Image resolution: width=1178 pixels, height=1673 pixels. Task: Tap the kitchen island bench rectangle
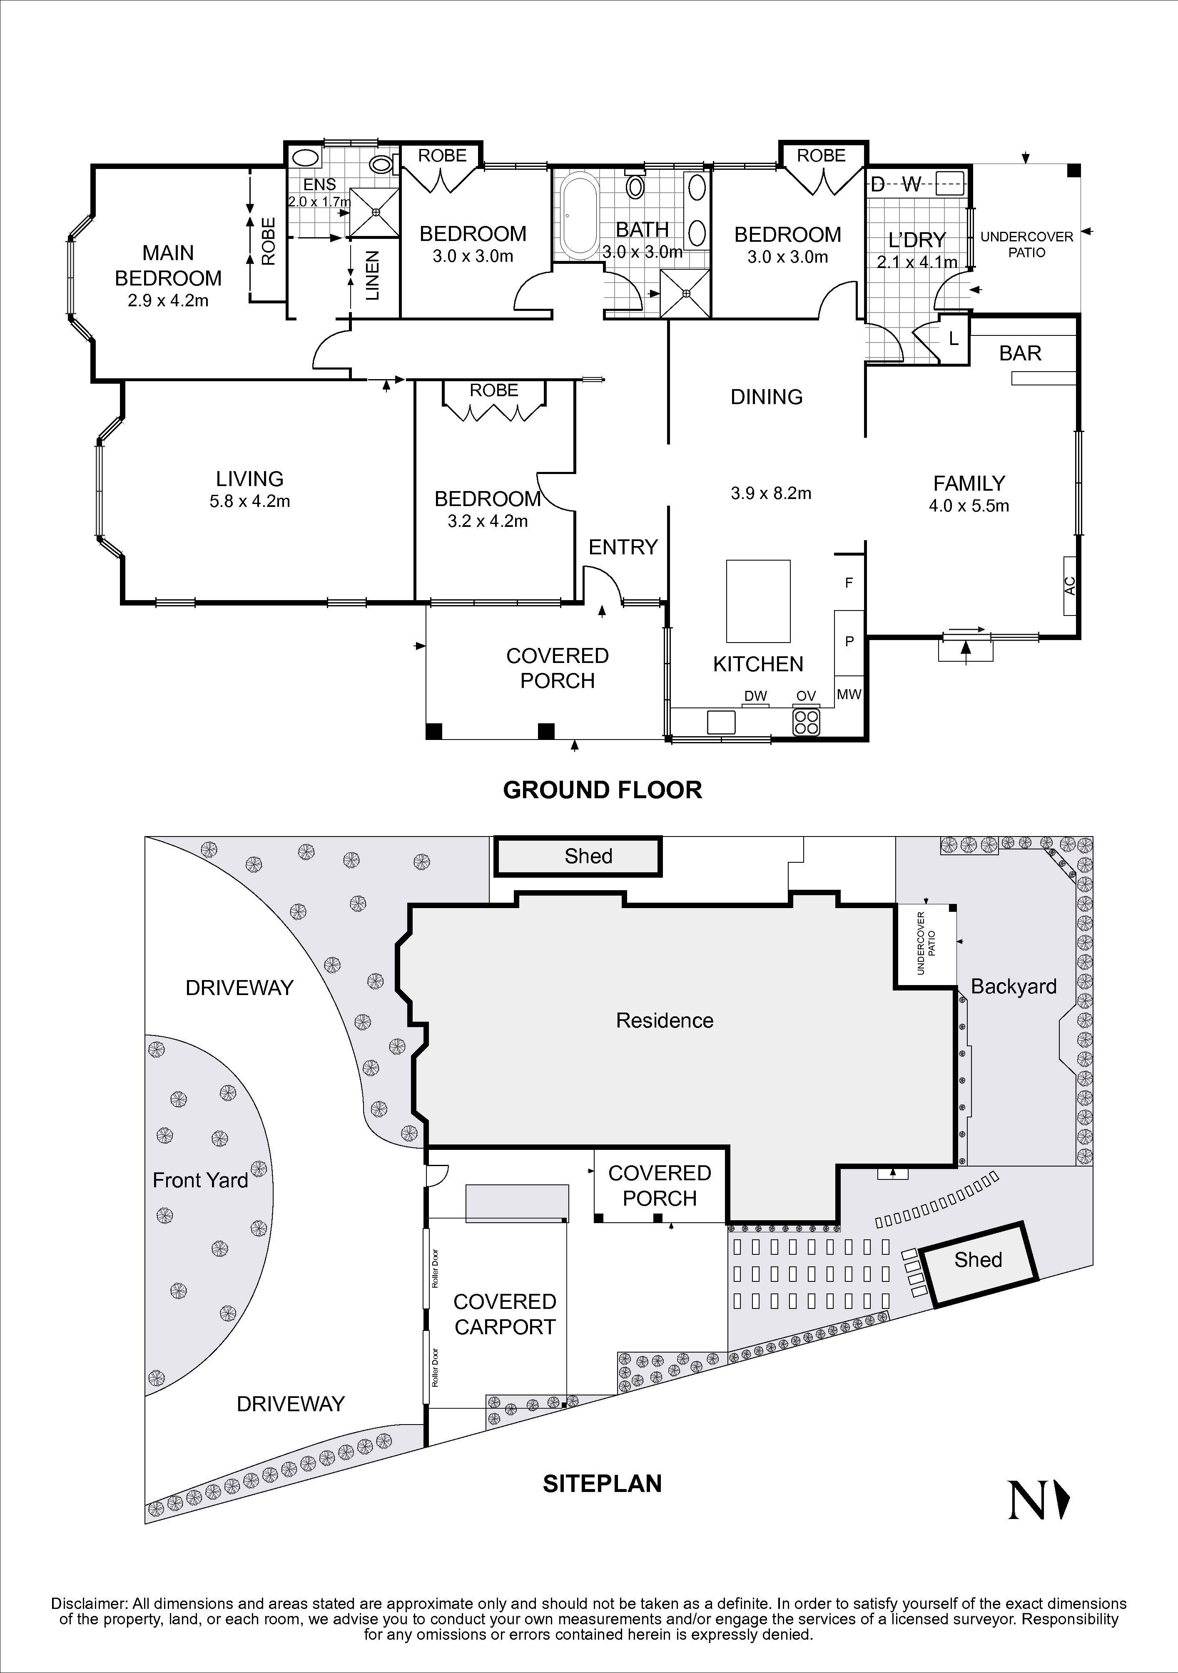[x=758, y=601]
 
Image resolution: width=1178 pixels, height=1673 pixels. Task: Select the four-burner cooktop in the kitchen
[x=806, y=721]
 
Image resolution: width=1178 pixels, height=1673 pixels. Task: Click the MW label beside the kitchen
[x=849, y=695]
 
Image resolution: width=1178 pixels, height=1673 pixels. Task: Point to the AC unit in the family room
[x=1069, y=585]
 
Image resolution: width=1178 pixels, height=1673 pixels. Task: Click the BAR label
[x=1020, y=353]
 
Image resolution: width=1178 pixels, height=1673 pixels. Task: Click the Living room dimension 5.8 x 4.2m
[x=249, y=501]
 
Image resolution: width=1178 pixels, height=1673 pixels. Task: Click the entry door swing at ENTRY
[x=604, y=583]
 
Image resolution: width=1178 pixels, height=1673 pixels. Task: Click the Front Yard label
[x=200, y=1180]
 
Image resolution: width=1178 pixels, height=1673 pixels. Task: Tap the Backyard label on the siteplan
[x=1013, y=987]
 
